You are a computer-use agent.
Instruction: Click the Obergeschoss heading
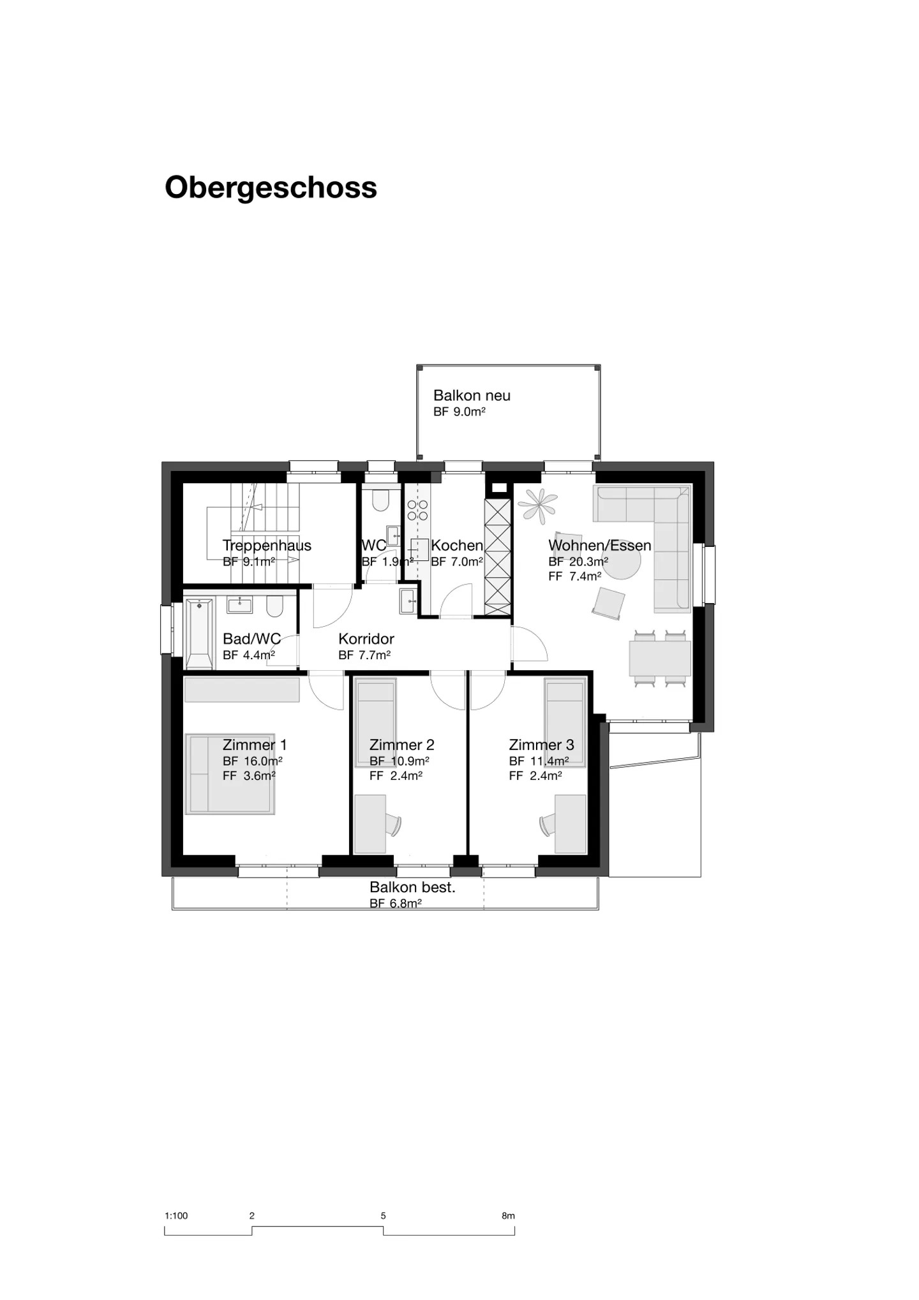(x=271, y=188)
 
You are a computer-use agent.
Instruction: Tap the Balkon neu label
(x=472, y=396)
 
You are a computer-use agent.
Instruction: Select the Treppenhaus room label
(x=267, y=546)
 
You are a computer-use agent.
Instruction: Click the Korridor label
(x=366, y=639)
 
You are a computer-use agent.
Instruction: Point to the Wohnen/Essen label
(x=599, y=546)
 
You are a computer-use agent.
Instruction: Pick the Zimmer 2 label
(x=401, y=745)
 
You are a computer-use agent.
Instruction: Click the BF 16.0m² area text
(x=252, y=761)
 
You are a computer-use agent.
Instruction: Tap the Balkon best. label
(x=412, y=887)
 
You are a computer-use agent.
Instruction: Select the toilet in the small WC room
(x=380, y=500)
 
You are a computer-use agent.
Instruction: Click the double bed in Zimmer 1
(x=230, y=773)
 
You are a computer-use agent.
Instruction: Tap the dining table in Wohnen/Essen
(x=659, y=659)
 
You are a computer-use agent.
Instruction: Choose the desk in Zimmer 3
(x=570, y=823)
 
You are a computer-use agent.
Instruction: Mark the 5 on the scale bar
(x=383, y=1216)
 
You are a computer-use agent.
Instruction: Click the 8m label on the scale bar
(x=508, y=1216)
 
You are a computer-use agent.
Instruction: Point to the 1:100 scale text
(x=176, y=1216)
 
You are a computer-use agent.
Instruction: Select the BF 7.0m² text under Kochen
(x=456, y=562)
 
